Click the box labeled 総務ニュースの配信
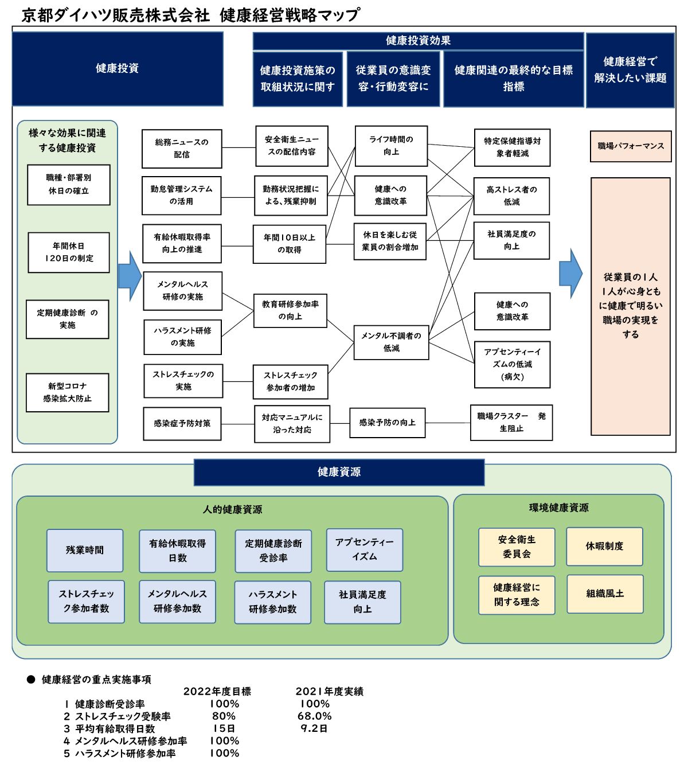(182, 149)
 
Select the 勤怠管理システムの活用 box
(181, 196)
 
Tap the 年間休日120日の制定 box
(69, 252)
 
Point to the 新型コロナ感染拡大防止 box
(68, 392)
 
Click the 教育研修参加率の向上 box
(290, 310)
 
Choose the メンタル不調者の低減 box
(391, 342)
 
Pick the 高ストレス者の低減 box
(511, 196)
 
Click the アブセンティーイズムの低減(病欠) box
(513, 364)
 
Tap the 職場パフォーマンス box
(631, 146)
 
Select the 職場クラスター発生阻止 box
(511, 423)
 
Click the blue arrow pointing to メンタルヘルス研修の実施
(130, 276)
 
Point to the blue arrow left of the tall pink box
(570, 273)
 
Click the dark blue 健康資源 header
(339, 472)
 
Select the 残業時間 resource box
(85, 550)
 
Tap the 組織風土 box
(605, 594)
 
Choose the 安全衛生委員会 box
(517, 547)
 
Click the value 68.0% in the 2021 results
(315, 716)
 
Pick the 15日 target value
(224, 728)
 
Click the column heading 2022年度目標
(217, 691)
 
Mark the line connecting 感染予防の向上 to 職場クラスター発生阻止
(448, 423)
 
